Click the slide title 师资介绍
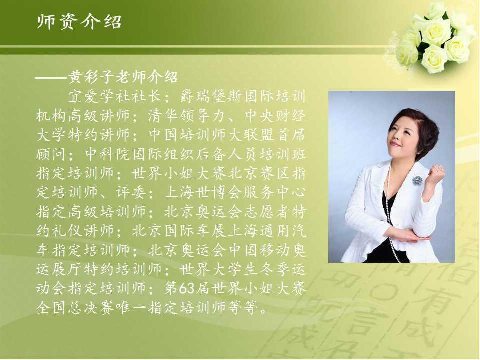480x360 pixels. point(79,22)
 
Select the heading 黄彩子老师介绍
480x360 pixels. point(123,77)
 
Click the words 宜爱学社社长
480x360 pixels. point(114,96)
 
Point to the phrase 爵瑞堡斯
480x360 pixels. point(211,96)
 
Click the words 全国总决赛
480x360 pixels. point(75,307)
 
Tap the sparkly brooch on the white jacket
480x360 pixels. point(417,180)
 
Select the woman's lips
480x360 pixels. point(395,144)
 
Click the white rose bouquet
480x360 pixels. point(434,38)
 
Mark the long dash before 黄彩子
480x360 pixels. point(51,78)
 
